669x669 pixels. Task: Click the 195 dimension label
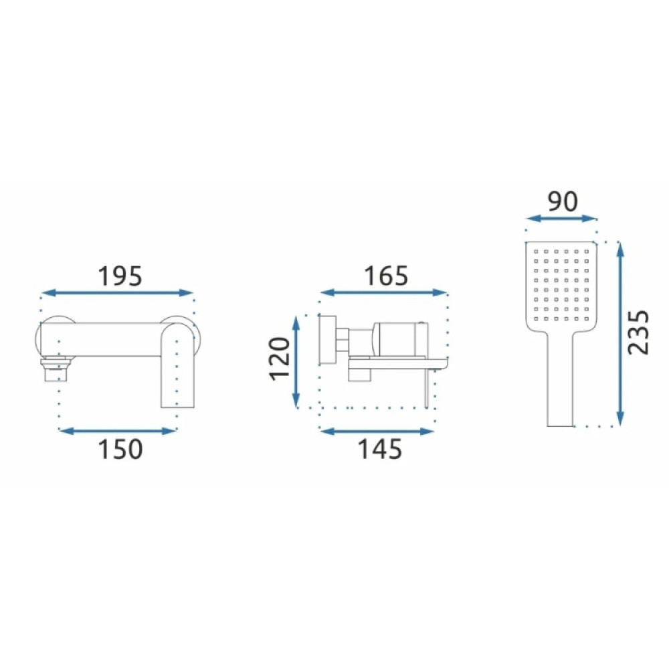120,276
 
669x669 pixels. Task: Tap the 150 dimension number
120,450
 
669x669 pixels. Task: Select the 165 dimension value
386,276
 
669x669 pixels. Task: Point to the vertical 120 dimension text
280,359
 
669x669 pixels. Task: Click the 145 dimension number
379,450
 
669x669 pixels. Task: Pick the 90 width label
563,201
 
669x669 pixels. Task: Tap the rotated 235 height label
638,332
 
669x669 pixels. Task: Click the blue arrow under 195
118,293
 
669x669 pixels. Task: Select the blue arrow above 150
118,431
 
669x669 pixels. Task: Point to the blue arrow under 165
383,293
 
